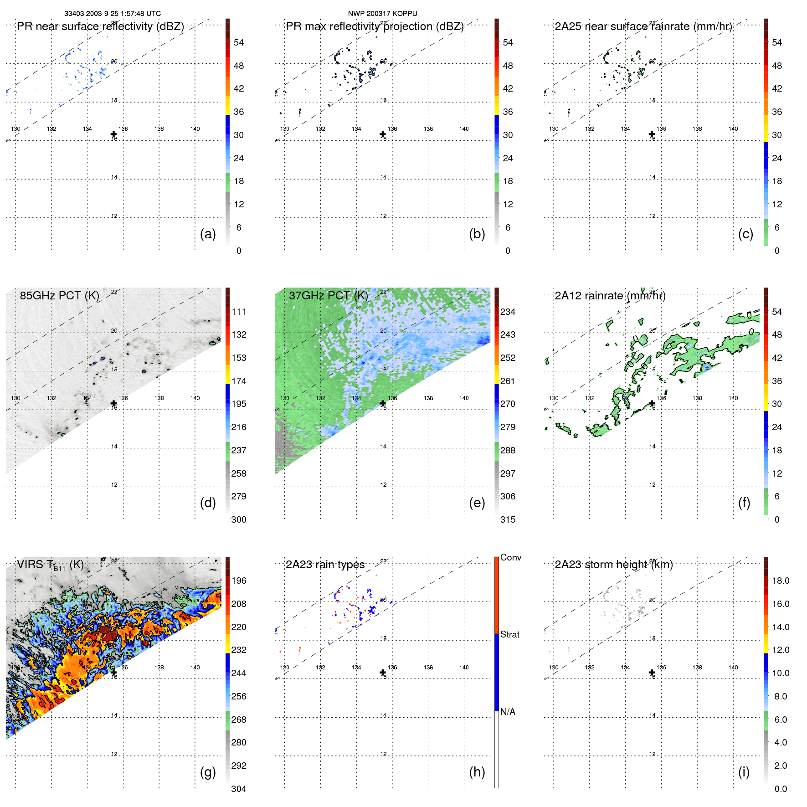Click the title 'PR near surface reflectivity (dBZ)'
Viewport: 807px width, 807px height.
100,26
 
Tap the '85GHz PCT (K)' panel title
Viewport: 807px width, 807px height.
59,296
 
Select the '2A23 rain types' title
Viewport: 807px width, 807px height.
325,565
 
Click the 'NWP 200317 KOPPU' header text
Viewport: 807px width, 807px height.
382,14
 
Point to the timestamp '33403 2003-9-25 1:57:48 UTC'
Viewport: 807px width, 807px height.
112,14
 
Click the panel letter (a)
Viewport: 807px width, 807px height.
208,234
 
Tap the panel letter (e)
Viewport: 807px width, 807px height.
477,503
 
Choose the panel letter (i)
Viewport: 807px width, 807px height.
744,772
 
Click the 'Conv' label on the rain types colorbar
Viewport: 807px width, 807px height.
510,558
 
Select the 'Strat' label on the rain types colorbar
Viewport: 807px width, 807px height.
509,635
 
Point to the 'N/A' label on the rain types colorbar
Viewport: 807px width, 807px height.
508,712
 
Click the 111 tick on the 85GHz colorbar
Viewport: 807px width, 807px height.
238,312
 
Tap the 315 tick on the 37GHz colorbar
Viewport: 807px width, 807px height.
508,520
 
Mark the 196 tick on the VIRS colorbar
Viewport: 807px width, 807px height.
238,581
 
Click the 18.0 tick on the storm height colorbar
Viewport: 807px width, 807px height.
781,581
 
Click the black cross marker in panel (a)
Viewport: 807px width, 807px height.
113,134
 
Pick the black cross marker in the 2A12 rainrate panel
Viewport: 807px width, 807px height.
652,403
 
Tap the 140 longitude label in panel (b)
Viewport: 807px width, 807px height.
464,129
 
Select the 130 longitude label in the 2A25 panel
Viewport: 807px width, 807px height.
554,129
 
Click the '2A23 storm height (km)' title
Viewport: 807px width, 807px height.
613,565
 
